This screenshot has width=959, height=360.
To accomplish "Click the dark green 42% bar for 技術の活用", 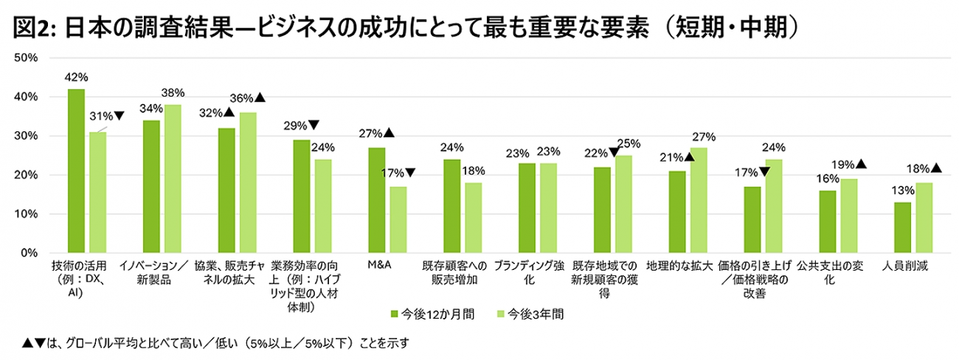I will [x=76, y=170].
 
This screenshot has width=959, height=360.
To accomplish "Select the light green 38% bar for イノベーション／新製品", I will [x=173, y=179].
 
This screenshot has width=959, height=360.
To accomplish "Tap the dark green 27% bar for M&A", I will [x=377, y=200].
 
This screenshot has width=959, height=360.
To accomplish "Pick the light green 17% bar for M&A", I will [x=398, y=219].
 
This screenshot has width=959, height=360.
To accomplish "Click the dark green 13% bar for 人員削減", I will [x=901, y=227].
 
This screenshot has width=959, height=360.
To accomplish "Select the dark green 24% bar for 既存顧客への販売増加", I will [x=452, y=206].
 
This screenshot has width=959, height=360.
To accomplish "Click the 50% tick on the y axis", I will [x=36, y=58].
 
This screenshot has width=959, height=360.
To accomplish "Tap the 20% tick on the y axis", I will [x=36, y=175].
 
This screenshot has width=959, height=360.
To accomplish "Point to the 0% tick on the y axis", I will [x=39, y=253].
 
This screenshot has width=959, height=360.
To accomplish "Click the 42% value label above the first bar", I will [x=77, y=76].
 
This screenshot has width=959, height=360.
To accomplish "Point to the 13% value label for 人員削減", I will [x=901, y=191].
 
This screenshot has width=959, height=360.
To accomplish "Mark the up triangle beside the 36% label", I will [x=260, y=97].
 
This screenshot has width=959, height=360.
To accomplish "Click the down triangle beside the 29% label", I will [x=314, y=125].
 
